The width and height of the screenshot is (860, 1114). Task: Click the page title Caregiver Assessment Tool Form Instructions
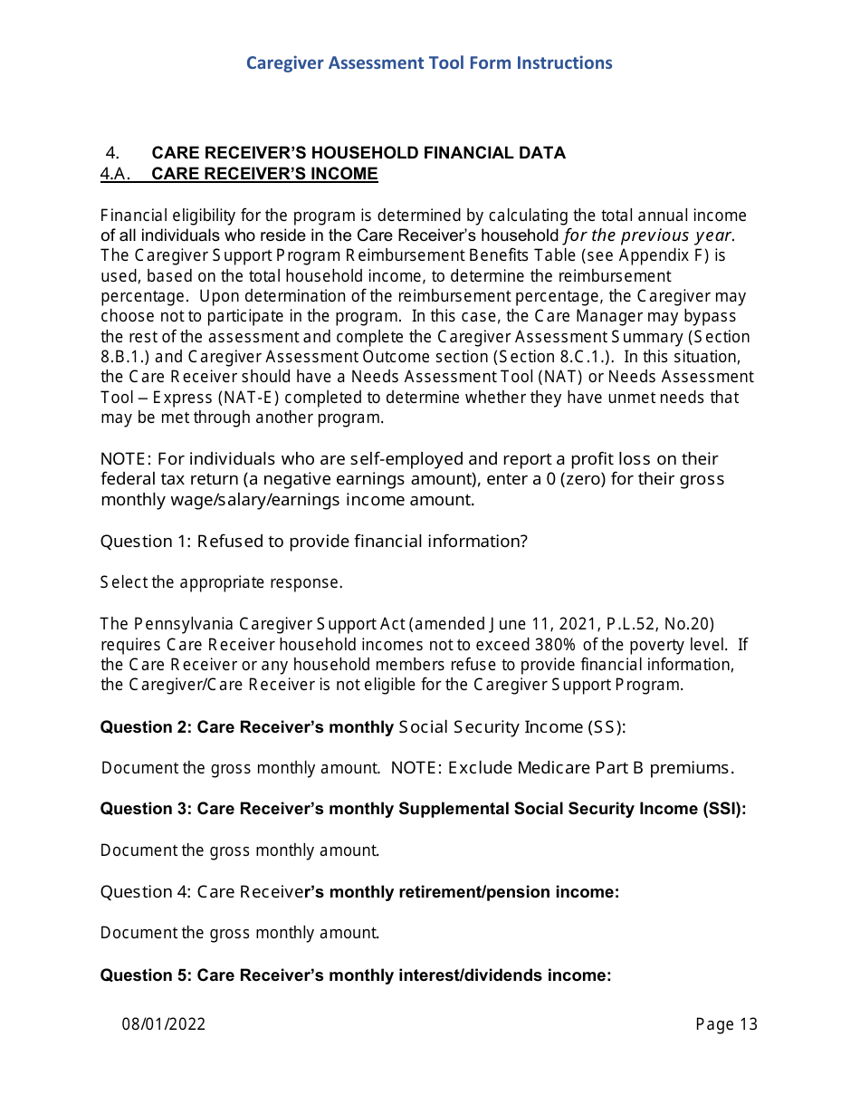[429, 62]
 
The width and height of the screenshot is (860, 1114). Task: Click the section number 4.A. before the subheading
[116, 174]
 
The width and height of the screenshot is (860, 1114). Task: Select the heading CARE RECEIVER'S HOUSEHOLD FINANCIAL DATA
[358, 152]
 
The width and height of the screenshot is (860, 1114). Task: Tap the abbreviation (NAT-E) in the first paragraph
[225, 398]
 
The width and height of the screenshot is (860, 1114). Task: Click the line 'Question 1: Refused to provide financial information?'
[313, 542]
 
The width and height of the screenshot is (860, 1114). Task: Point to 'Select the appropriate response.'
[221, 582]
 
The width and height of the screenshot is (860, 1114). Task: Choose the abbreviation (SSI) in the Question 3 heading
[724, 809]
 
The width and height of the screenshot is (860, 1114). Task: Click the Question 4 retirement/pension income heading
[359, 892]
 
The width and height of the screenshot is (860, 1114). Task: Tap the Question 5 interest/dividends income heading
[356, 975]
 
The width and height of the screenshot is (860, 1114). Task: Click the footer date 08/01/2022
[164, 1024]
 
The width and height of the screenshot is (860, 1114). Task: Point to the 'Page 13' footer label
[726, 1024]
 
